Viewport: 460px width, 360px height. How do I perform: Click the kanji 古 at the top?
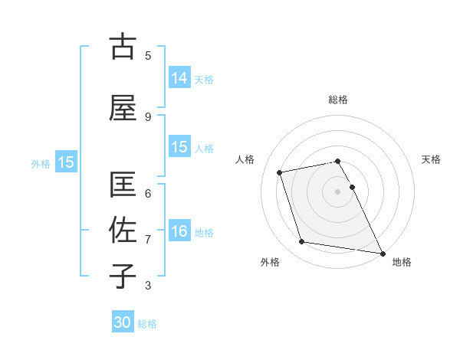(123, 47)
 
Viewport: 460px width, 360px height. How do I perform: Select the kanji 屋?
(123, 108)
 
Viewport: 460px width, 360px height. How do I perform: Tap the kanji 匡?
(123, 186)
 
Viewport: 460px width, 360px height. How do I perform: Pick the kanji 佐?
(123, 230)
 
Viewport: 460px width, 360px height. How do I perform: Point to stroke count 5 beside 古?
(148, 55)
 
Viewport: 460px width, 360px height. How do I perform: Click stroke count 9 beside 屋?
(148, 116)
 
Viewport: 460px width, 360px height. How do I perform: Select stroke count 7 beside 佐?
(148, 239)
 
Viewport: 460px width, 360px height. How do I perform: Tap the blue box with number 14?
(179, 77)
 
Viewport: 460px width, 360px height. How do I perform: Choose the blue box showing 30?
(123, 322)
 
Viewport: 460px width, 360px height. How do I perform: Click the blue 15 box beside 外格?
(65, 162)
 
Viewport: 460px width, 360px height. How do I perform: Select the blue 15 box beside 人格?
(179, 146)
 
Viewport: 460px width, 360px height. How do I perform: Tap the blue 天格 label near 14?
(204, 79)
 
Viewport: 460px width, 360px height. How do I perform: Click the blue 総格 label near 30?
(147, 324)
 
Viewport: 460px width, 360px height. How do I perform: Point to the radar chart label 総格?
(338, 100)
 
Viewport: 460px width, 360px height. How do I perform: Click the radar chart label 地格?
(402, 262)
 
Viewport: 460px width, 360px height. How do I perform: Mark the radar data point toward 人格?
(280, 172)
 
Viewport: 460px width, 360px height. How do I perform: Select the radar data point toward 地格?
(382, 252)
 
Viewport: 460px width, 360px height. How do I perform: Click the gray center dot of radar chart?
(338, 191)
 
